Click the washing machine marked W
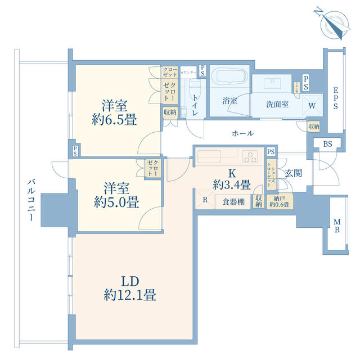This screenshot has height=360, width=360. tap(311, 105)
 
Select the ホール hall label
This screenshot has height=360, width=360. tap(242, 133)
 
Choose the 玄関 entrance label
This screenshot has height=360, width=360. tap(292, 173)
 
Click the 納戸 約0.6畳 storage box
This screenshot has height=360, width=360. tap(278, 201)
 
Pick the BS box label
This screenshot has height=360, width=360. tap(327, 144)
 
